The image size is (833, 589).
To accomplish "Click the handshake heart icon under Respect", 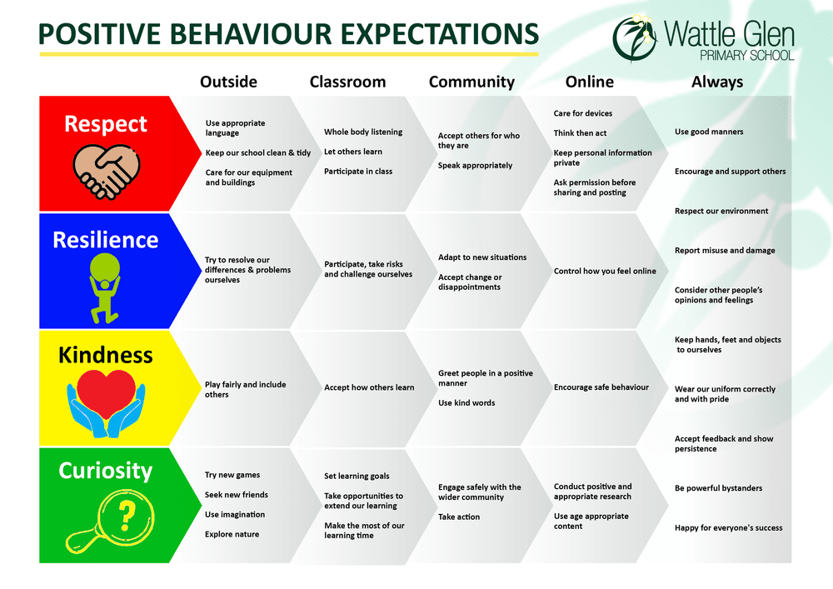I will click(x=105, y=172).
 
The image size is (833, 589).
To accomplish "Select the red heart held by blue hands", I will click(x=105, y=392).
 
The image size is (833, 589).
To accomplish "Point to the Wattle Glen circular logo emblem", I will click(x=637, y=38).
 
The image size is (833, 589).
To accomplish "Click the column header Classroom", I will click(x=347, y=82).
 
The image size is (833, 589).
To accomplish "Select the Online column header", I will click(x=589, y=82).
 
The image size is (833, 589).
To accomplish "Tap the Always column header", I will click(x=716, y=82).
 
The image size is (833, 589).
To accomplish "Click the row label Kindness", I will click(x=105, y=355).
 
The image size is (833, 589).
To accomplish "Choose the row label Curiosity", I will click(x=105, y=471).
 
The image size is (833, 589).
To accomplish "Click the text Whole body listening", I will click(x=363, y=132).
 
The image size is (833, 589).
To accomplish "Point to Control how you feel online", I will click(x=605, y=271).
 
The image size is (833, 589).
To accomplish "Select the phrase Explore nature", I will click(x=232, y=534).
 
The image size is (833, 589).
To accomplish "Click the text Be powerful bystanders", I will click(x=718, y=488).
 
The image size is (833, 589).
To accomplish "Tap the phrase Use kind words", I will click(x=466, y=403).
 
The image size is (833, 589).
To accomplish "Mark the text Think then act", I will click(x=580, y=133).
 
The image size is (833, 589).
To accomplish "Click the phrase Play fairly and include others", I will click(x=245, y=390).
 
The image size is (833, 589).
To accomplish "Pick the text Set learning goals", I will click(x=357, y=477).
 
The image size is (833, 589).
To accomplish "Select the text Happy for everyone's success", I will click(x=728, y=527).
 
